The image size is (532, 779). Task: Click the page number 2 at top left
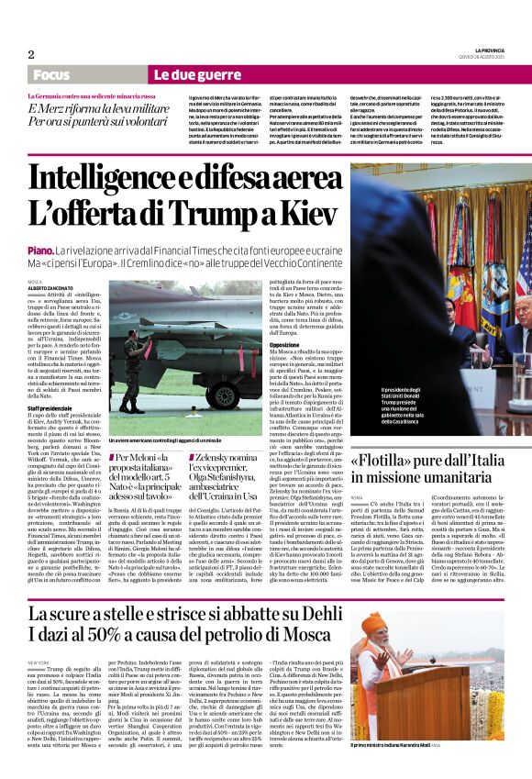31,54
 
